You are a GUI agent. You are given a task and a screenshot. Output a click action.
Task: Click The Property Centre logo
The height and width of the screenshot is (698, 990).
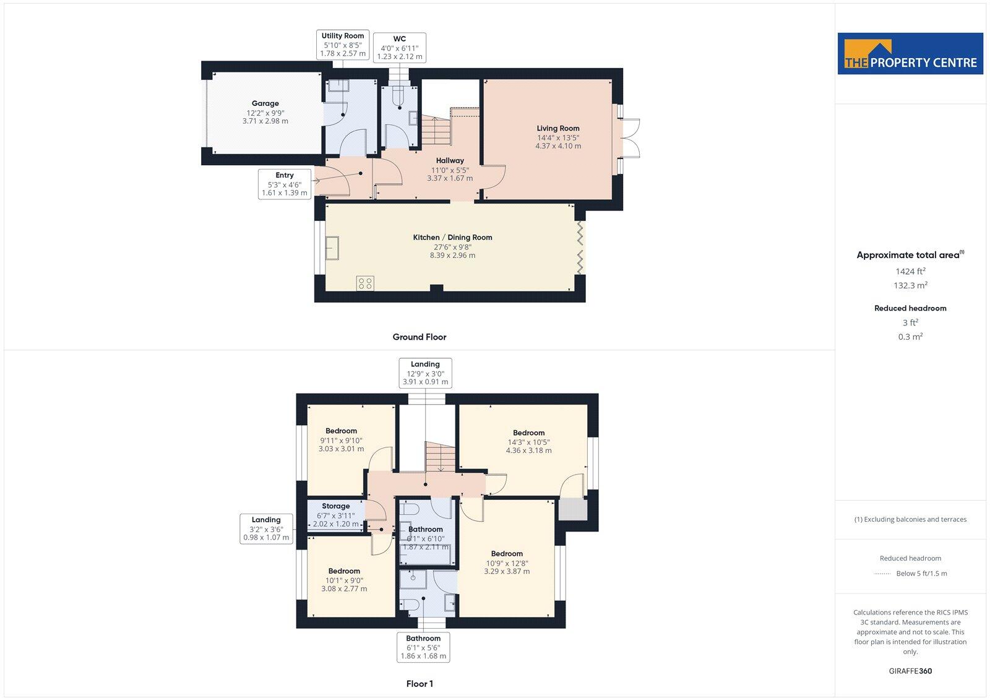coord(910,54)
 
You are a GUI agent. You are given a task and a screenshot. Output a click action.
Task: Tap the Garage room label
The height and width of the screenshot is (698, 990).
coord(265,112)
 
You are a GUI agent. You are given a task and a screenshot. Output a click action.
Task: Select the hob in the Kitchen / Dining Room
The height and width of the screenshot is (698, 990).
coord(364,283)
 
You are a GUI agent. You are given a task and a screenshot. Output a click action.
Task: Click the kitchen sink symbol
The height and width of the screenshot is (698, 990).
coord(333,248)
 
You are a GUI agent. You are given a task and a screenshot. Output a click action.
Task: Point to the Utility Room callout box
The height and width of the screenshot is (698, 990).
coord(343,45)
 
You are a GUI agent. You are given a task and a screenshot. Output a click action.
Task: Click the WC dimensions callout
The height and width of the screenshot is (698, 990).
coord(400,48)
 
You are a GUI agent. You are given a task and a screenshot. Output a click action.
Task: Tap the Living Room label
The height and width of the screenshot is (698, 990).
coord(557,137)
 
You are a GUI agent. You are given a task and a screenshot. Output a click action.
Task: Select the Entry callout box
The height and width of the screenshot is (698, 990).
coord(284,184)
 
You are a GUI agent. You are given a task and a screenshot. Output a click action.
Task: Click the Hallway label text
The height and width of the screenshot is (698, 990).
coord(450,160)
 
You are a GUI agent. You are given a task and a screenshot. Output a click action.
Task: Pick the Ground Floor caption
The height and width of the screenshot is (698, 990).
coord(419,337)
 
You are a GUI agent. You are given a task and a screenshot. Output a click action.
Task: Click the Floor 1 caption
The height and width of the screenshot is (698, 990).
coord(420,684)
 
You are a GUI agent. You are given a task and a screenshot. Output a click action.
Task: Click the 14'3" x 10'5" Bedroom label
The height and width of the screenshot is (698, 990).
coord(528,442)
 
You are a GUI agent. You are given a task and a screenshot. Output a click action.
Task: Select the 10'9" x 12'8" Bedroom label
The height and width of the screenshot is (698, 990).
coord(507,562)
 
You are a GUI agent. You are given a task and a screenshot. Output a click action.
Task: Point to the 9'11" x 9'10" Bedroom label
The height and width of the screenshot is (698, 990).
coord(341,439)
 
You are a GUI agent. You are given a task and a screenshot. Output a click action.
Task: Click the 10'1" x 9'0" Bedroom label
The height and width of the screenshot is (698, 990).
coord(344,580)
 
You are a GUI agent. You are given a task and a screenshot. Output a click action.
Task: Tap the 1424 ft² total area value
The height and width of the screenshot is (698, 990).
coord(910,271)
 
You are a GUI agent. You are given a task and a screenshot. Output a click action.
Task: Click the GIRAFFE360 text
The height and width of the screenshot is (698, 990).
coord(910,671)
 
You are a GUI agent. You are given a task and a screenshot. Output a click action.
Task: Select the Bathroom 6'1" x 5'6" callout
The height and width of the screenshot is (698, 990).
coord(423,647)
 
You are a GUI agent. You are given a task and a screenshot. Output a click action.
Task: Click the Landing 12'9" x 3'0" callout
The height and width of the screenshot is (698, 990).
coord(425,373)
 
